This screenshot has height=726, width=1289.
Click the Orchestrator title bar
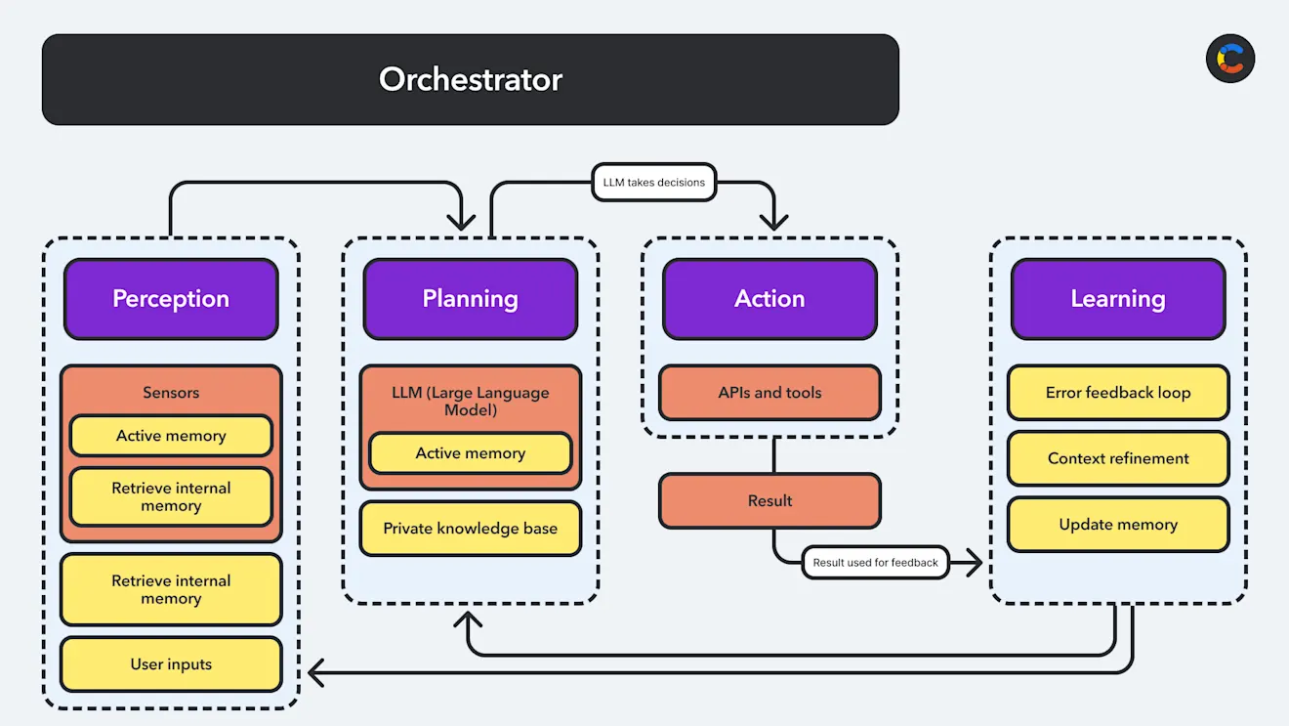pos(470,79)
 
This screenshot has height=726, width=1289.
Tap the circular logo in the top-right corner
pos(1229,59)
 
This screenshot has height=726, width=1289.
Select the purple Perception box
pos(171,299)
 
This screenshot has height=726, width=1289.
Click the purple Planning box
pos(470,299)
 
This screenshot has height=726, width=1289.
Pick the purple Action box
pos(769,299)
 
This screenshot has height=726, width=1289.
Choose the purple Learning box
pos(1117,299)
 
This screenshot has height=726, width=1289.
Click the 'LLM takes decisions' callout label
pos(653,183)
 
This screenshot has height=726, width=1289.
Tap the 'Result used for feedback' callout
pos(875,562)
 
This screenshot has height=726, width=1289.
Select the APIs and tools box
pos(769,393)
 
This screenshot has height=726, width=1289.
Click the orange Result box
pos(769,501)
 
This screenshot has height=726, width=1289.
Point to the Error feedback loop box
pos(1117,393)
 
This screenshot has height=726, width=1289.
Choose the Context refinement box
pos(1117,458)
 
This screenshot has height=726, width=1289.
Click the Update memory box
pos(1117,525)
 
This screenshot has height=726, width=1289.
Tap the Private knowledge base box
pos(470,529)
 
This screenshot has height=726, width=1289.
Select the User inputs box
pos(171,664)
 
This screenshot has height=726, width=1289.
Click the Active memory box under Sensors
pos(171,436)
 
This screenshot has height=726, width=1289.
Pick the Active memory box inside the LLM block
pos(470,453)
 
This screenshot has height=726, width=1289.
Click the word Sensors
pos(171,393)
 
